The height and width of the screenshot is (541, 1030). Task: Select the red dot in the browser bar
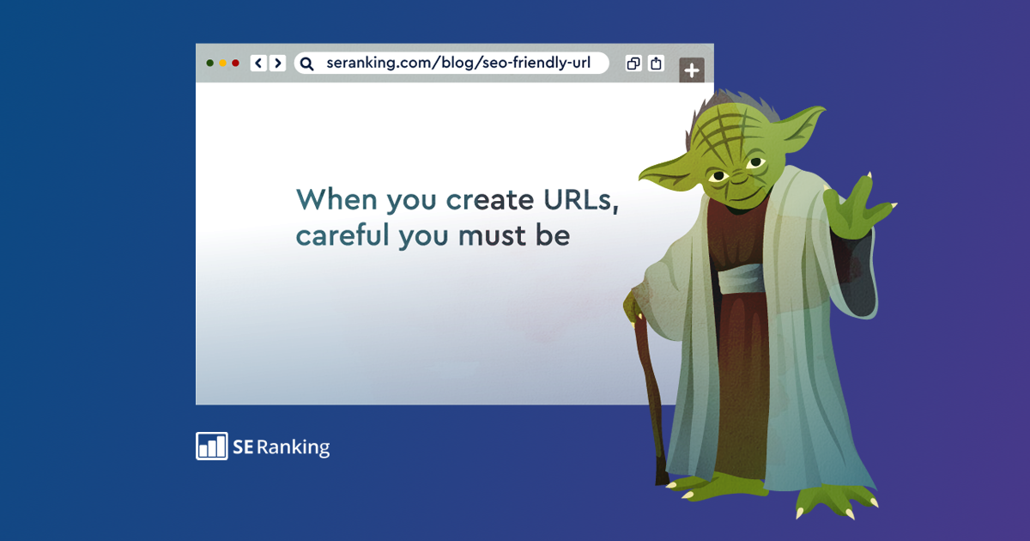tap(235, 64)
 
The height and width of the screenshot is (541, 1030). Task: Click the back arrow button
tap(258, 64)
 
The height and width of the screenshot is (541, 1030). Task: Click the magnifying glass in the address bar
tap(307, 64)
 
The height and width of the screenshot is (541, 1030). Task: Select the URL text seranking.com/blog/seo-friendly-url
tap(458, 64)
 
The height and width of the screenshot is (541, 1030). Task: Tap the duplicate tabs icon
tap(633, 64)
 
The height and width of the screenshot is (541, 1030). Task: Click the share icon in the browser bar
tap(656, 64)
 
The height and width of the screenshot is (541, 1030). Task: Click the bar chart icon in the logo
tap(211, 447)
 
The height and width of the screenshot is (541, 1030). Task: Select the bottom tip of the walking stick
tap(661, 477)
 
